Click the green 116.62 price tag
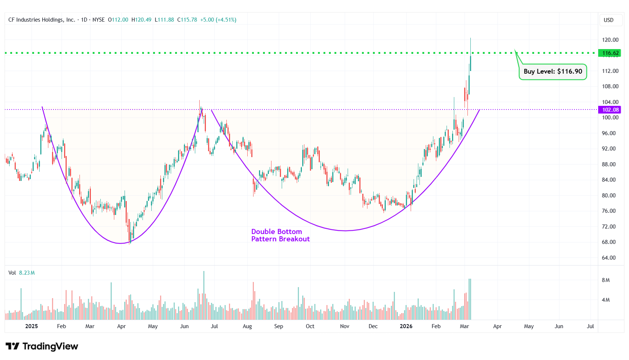[610, 53]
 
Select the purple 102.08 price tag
[610, 110]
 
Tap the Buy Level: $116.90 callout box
[552, 72]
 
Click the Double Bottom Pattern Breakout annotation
[280, 235]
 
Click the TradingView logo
[42, 346]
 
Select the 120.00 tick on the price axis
[610, 40]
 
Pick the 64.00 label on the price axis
[608, 258]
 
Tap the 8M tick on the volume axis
[606, 280]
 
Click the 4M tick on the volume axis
[606, 300]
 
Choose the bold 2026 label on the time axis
[406, 326]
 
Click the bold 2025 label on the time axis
[32, 326]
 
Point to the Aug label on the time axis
[247, 326]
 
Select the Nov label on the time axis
[345, 326]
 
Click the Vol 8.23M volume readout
[22, 273]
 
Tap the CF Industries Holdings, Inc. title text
[41, 20]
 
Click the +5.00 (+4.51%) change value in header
[218, 20]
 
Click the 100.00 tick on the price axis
[610, 118]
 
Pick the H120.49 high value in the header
[141, 20]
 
